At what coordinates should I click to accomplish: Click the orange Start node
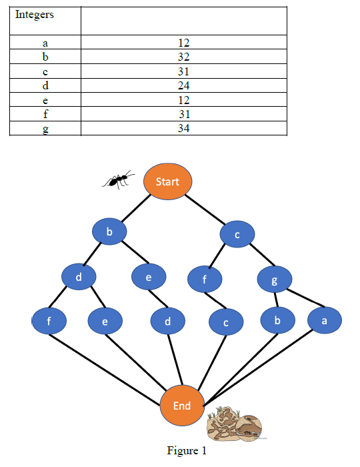[x=167, y=181]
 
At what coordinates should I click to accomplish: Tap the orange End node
[x=181, y=406]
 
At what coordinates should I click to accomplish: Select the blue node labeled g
[x=273, y=281]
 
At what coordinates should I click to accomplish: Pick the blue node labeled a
[x=325, y=320]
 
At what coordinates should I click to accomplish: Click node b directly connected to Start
[x=109, y=232]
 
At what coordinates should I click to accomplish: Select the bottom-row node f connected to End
[x=49, y=322]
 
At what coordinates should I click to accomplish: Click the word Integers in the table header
[x=35, y=15]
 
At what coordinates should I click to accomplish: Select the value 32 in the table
[x=184, y=57]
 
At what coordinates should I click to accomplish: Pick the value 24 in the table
[x=184, y=85]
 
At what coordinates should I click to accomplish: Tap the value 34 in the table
[x=184, y=127]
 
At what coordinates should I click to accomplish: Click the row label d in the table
[x=45, y=85]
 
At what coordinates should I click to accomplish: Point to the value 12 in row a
[x=184, y=43]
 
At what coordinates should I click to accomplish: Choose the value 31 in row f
[x=184, y=113]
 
